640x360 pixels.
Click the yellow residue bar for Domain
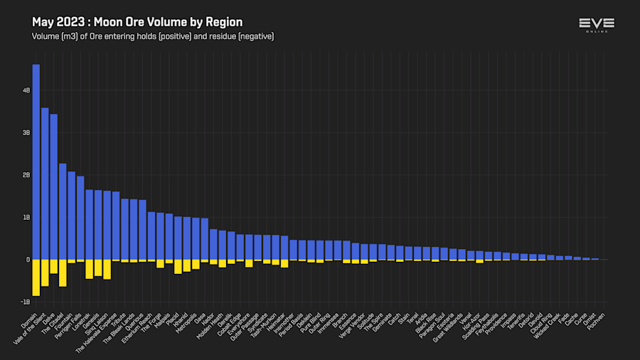pyautogui.click(x=36, y=277)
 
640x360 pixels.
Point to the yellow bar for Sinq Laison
pyautogui.click(x=107, y=269)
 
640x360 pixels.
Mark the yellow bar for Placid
pyautogui.click(x=178, y=267)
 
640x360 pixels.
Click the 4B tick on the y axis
pyautogui.click(x=26, y=91)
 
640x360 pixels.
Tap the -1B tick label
pyautogui.click(x=26, y=302)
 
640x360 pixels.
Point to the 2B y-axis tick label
pyautogui.click(x=26, y=175)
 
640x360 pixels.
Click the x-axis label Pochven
pyautogui.click(x=597, y=322)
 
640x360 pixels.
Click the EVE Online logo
pyautogui.click(x=596, y=25)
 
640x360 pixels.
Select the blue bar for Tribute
pyautogui.click(x=125, y=228)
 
